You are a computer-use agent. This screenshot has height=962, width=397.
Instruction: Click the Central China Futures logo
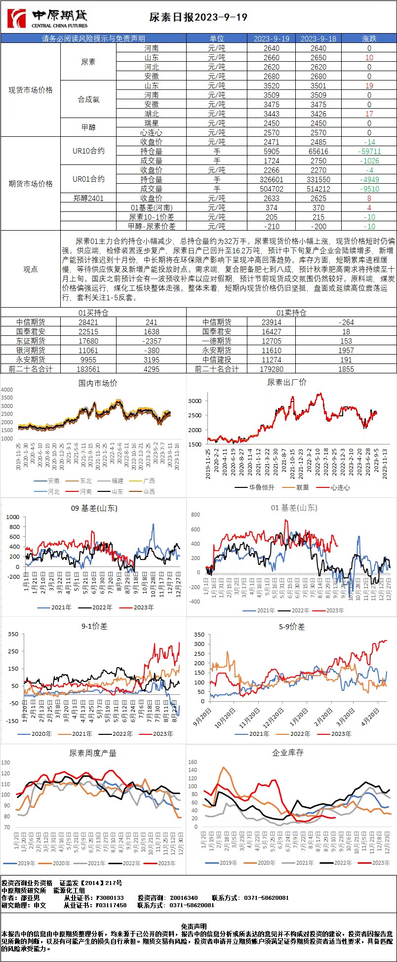(47, 18)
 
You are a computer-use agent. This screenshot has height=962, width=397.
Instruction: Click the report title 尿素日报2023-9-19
(198, 18)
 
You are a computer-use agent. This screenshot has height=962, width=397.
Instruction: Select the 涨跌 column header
(369, 39)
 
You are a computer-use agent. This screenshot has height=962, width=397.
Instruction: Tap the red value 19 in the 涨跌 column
(369, 85)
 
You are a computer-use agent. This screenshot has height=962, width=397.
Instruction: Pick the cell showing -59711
(369, 151)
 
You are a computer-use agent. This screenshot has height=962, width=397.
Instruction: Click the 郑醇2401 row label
(88, 198)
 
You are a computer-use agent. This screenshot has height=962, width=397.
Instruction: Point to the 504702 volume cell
(271, 189)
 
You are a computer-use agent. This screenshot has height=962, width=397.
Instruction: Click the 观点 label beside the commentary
(31, 269)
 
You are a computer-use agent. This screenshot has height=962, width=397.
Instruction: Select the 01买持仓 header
(93, 313)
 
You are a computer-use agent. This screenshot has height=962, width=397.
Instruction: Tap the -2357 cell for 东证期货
(151, 341)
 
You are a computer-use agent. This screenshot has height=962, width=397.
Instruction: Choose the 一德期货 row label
(217, 341)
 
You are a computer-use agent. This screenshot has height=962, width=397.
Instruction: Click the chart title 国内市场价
(98, 383)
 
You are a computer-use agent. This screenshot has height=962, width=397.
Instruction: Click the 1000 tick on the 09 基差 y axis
(13, 517)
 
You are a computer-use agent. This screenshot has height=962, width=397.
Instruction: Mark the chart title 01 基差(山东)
(294, 508)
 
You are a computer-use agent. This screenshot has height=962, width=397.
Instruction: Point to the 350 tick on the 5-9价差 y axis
(198, 635)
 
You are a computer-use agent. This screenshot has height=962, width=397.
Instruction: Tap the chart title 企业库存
(288, 753)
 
